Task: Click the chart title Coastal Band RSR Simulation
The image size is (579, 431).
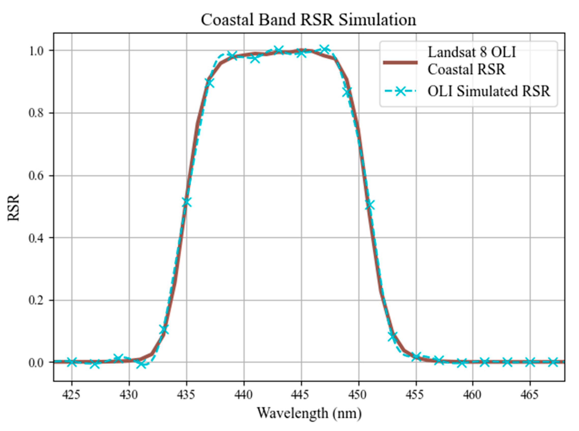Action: tap(308, 20)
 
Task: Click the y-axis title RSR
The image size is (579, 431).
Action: tap(13, 207)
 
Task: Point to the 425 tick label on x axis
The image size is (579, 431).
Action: tap(71, 395)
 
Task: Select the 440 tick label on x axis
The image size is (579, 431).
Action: tap(244, 395)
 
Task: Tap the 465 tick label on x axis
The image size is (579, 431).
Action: tap(530, 395)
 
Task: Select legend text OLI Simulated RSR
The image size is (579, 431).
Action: tap(489, 91)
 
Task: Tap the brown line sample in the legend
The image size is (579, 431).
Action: tap(400, 62)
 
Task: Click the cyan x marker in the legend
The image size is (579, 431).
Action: tap(400, 91)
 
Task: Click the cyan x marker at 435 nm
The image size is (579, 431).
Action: tap(186, 202)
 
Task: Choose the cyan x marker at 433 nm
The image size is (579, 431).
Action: tap(164, 330)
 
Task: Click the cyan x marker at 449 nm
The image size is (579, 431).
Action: tap(347, 92)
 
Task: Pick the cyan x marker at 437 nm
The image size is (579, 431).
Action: tap(209, 83)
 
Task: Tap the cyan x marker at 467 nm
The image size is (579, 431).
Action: tap(553, 362)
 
